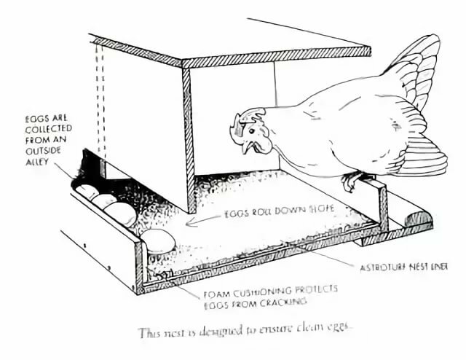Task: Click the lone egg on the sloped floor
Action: pyautogui.click(x=158, y=240)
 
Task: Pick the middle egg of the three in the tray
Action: pyautogui.click(x=103, y=202)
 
